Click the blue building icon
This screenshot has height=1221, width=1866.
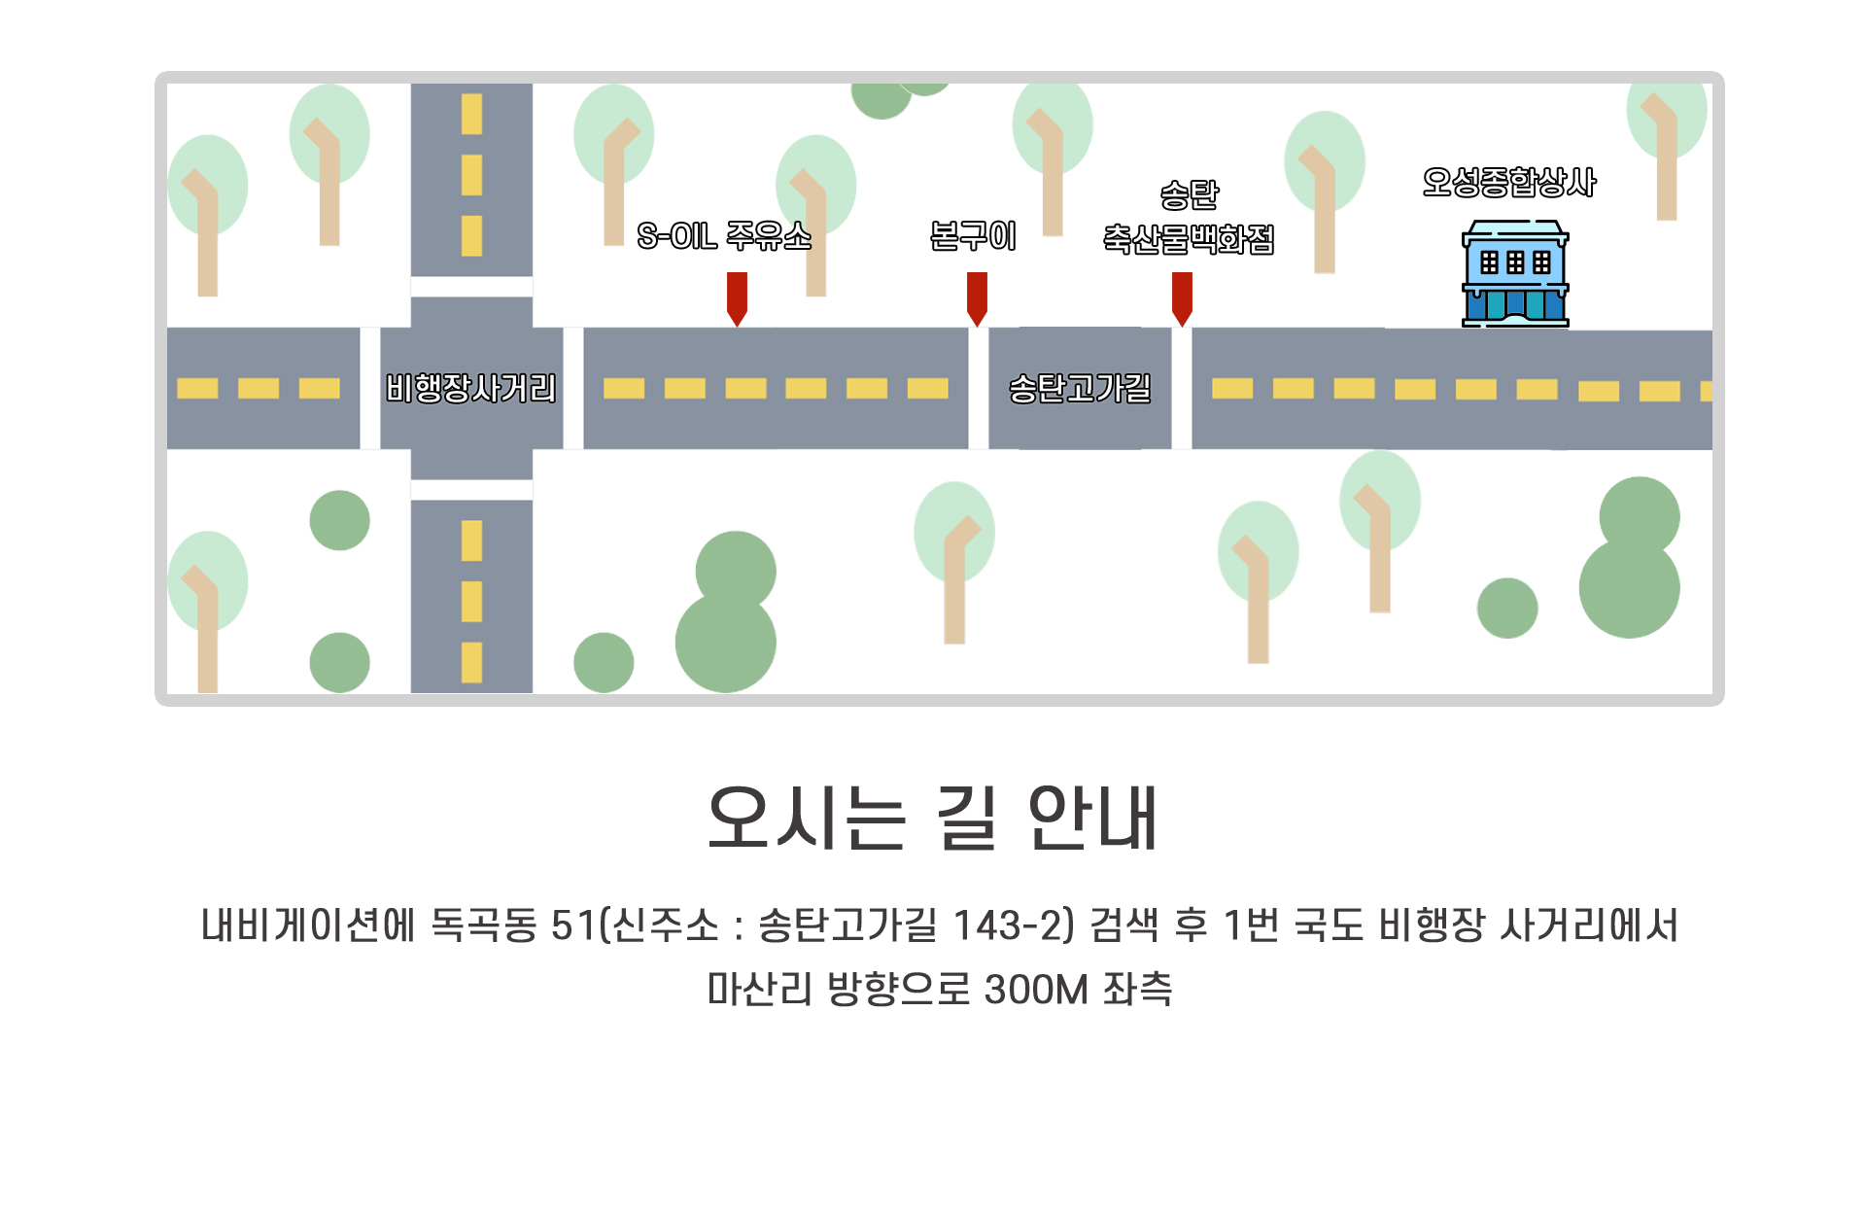click(x=1515, y=274)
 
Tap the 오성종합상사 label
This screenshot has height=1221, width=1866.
click(x=1508, y=182)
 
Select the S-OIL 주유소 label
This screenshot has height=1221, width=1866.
click(x=724, y=235)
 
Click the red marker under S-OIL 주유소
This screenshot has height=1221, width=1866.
click(x=737, y=298)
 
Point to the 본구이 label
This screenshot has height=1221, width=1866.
click(x=973, y=235)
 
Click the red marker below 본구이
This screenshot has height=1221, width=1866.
click(x=977, y=298)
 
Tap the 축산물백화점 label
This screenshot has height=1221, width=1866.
click(x=1189, y=238)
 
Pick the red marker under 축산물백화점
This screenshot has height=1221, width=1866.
click(x=1182, y=298)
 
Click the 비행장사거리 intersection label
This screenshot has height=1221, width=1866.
click(x=471, y=388)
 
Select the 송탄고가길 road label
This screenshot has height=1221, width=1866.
click(x=1080, y=388)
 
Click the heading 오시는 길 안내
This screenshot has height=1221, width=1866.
click(x=933, y=819)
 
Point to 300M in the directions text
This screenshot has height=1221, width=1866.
click(x=1036, y=990)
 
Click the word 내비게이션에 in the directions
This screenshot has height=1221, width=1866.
click(x=307, y=924)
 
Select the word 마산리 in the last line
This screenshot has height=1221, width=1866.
click(x=759, y=990)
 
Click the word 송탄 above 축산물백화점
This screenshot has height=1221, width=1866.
click(x=1189, y=194)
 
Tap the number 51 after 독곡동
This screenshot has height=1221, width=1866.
click(x=572, y=924)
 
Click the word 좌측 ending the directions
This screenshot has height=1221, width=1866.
click(x=1138, y=990)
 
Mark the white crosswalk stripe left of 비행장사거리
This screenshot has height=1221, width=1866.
click(x=369, y=388)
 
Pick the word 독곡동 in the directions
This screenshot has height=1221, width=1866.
click(x=483, y=924)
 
